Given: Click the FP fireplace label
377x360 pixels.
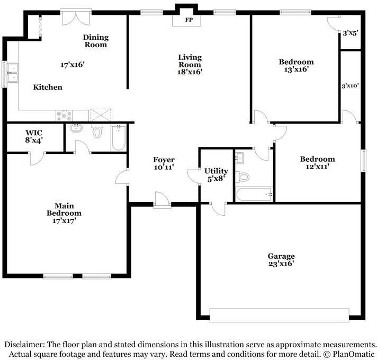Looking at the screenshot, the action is click(x=189, y=20).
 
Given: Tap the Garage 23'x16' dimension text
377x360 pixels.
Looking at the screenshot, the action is click(x=281, y=264).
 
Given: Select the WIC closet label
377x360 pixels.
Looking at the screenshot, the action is click(x=34, y=133).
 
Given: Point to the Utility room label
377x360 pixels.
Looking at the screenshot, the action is click(x=216, y=171).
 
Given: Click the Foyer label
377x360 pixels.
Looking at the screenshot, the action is click(x=164, y=160).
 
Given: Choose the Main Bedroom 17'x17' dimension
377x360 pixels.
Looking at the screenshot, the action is click(x=64, y=221).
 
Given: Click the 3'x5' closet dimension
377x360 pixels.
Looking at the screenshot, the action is click(x=351, y=33).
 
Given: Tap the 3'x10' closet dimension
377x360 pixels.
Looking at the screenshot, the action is click(x=351, y=85).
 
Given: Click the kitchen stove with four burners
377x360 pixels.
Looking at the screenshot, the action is click(x=64, y=116).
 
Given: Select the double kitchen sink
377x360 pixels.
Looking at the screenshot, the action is click(x=13, y=73).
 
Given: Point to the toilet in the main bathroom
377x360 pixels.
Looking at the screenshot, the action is click(x=97, y=131).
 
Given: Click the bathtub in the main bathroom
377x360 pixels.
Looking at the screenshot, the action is click(x=119, y=138).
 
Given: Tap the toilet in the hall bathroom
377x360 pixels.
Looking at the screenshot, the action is click(x=243, y=177).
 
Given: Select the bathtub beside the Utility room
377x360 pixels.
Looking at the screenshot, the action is click(x=254, y=195).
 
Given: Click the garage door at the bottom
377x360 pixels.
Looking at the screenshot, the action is click(x=279, y=315).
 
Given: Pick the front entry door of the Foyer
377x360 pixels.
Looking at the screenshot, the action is click(x=162, y=200).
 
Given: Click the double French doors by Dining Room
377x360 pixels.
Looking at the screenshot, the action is click(x=76, y=17).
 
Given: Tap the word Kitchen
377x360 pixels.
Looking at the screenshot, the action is click(x=48, y=87).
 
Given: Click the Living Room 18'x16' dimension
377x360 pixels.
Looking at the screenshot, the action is click(x=190, y=72).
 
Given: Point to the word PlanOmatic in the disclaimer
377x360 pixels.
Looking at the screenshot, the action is click(x=354, y=354).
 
